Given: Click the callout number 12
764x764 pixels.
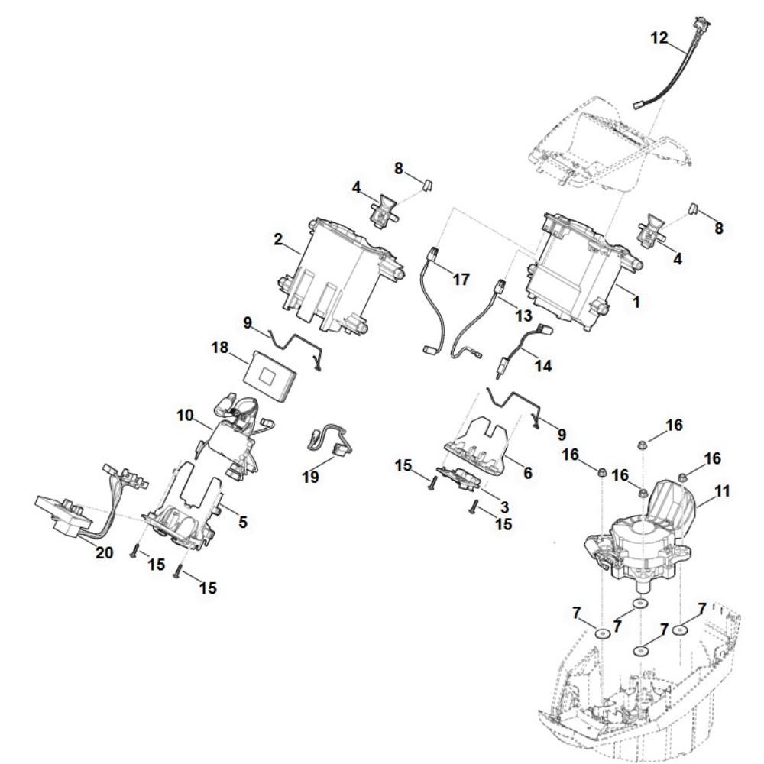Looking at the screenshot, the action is point(659,38).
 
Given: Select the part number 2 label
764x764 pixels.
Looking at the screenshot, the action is point(278,239).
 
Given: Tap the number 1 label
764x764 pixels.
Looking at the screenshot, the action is point(636,302).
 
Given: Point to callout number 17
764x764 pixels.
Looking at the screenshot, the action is point(461,279).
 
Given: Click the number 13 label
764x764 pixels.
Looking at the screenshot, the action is point(523,316).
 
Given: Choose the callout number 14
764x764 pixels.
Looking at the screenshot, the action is point(543,365).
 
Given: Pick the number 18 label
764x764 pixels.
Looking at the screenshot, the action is point(220,348).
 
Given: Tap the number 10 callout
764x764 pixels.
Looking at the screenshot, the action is point(185,416).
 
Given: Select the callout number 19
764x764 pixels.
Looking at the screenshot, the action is point(310,476).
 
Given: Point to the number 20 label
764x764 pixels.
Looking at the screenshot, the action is point(104,552).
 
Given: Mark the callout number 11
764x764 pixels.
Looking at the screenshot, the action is point(722,491).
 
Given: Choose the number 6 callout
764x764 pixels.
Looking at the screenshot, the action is point(527,473).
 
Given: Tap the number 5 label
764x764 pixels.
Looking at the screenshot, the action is point(243,522).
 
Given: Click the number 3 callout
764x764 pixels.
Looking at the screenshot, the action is point(504,507).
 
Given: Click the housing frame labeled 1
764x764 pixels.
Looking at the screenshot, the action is point(582,270).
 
